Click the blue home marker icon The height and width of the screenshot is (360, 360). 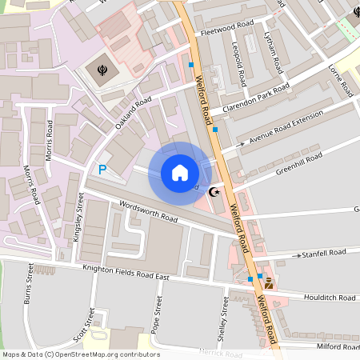tap(180, 173)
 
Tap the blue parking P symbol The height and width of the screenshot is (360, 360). tap(102, 169)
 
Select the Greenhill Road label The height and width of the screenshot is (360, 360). tap(298, 162)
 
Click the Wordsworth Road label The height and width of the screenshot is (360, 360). tap(147, 212)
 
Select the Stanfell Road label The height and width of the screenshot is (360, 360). tap(323, 254)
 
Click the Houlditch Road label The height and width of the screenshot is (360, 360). tap(330, 298)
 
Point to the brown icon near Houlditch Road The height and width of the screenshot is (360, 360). tap(269, 282)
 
